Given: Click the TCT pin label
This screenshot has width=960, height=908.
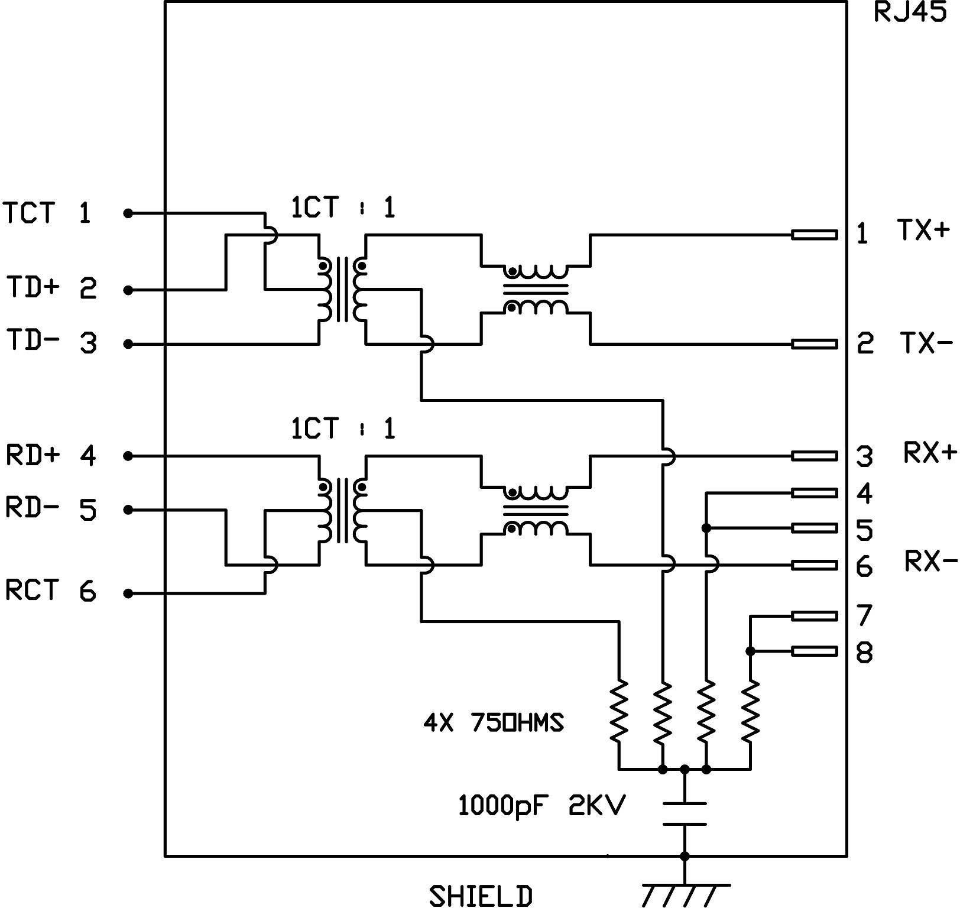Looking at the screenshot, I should pos(30,213).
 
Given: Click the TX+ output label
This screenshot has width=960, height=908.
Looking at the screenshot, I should pos(923,230).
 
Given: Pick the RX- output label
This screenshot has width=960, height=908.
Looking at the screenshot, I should pos(930,562).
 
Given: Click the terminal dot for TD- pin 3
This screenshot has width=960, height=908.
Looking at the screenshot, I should pos(128,344).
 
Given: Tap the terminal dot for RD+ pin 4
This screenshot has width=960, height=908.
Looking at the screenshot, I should pos(128,456).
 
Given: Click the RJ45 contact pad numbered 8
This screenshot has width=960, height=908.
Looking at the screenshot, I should pos(814,651).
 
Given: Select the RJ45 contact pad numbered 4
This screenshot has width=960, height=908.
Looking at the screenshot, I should pos(814,492).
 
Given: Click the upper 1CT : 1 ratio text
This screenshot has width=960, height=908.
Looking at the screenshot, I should pos(343,207).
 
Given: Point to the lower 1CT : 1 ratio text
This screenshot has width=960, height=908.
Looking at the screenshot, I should pos(343,428).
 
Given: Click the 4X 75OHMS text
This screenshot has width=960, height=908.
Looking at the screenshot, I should pos(494,722).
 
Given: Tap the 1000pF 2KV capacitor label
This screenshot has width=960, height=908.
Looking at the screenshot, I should pos(541,806).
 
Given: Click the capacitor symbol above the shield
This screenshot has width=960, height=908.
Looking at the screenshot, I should pos(685,814).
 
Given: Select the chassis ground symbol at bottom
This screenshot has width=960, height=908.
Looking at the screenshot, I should pos(685,894).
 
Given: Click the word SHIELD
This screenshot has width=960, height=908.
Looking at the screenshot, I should pos(480,896).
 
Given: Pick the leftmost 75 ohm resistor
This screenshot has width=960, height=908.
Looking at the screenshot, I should pos(620,712).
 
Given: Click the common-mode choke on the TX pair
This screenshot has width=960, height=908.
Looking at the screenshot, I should pos(536,289).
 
